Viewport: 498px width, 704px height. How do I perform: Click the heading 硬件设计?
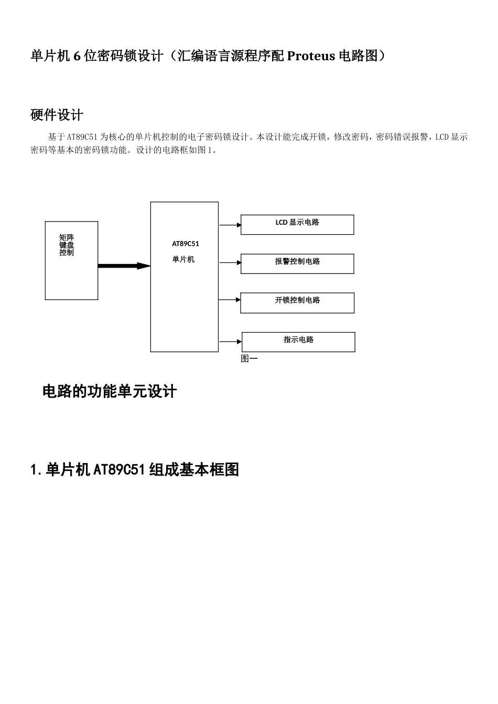(57, 115)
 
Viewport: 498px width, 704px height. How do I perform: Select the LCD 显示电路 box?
(297, 225)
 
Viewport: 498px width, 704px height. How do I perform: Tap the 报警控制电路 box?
(297, 263)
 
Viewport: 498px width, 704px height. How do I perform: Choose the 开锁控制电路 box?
(297, 303)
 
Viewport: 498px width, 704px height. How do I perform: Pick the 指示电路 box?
(298, 342)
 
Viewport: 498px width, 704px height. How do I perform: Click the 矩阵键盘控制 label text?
(67, 245)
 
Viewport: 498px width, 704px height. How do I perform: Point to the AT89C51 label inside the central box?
(186, 244)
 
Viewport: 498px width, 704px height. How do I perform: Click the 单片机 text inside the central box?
(183, 259)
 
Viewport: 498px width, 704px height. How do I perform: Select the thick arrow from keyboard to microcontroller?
(124, 266)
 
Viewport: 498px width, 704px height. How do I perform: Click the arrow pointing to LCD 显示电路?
(230, 225)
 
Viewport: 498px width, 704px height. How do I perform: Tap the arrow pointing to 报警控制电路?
(230, 263)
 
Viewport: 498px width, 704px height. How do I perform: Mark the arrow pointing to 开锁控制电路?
(230, 300)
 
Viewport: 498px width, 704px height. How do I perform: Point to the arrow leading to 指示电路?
(230, 342)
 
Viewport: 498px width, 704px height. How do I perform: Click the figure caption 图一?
(249, 359)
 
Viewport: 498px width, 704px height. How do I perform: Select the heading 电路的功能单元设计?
(110, 391)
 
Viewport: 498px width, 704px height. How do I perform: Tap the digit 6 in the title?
(77, 56)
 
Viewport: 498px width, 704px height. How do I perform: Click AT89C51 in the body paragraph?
(82, 137)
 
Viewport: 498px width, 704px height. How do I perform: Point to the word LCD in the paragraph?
(442, 137)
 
